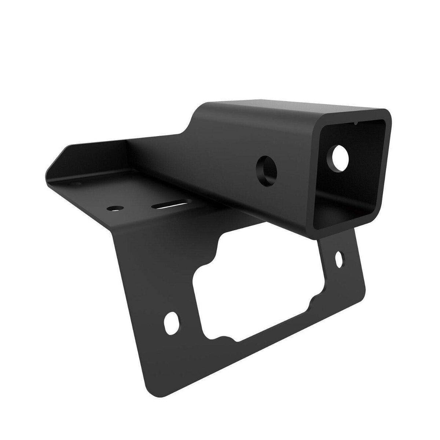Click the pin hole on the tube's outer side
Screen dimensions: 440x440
tap(267, 167)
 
